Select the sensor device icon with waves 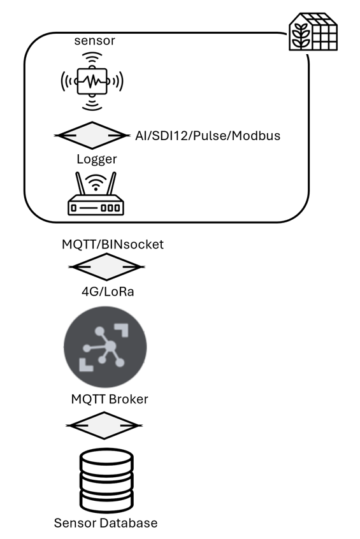tap(92, 81)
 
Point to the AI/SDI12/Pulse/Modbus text tap(207, 136)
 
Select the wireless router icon tap(96, 194)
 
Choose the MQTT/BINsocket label tap(112, 244)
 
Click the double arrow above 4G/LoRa tap(106, 267)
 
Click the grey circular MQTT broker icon tap(105, 347)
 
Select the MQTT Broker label tap(110, 399)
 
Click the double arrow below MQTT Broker tap(104, 425)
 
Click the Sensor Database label tap(105, 523)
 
